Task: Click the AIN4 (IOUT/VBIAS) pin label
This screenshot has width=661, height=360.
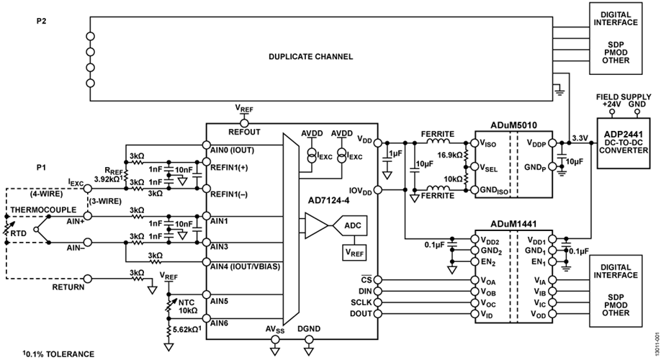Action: click(245, 265)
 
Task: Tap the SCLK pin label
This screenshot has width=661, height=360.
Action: click(362, 303)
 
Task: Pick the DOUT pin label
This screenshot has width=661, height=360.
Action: click(362, 314)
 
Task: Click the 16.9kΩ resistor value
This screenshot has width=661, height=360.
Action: click(450, 153)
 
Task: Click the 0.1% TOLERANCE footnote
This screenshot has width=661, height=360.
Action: click(45, 354)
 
